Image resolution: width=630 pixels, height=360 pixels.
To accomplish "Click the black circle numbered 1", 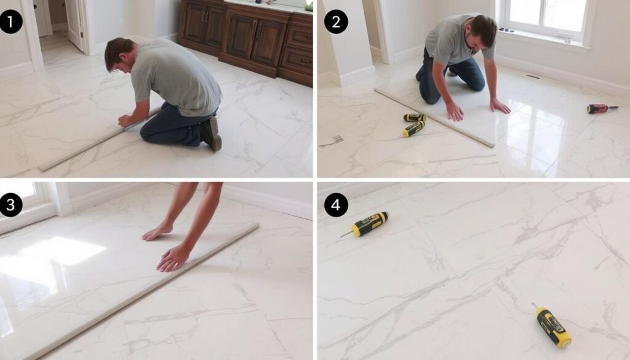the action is click(11, 22).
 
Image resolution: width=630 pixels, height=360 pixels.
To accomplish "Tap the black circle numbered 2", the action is click(335, 22).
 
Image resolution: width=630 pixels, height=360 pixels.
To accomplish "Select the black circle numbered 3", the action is click(11, 205).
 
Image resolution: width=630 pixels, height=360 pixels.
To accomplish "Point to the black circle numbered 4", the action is click(335, 205).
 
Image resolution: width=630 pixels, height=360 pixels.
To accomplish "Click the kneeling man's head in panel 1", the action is click(119, 54).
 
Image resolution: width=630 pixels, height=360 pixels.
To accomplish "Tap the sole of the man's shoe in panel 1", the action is click(212, 134).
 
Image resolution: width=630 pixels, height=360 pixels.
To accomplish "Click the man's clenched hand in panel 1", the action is click(124, 120).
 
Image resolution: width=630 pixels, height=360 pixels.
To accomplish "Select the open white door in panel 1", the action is click(74, 23).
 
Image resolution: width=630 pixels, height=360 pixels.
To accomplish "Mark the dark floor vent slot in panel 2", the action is click(533, 76).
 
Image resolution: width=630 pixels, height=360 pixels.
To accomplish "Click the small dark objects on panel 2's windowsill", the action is click(506, 30).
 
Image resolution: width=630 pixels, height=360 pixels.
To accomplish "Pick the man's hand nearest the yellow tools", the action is click(455, 111).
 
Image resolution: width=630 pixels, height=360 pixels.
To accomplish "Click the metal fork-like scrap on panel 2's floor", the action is click(332, 142).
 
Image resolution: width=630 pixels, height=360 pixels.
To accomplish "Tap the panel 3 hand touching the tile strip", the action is click(173, 258).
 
